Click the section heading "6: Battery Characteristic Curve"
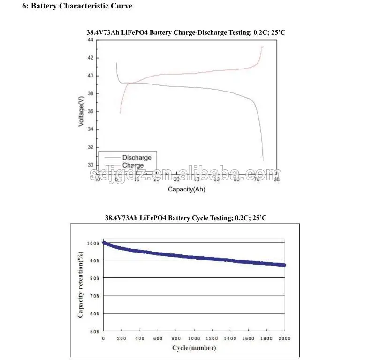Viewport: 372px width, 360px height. click(x=77, y=6)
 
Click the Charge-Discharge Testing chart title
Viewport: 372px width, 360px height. click(x=186, y=32)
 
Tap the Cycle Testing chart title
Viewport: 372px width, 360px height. click(x=186, y=218)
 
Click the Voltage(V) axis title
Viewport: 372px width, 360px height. click(x=82, y=111)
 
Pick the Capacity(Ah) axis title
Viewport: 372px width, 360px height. click(x=187, y=190)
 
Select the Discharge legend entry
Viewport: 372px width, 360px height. click(x=137, y=158)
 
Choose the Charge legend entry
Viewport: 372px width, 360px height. click(x=133, y=165)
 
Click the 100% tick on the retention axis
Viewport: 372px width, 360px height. click(x=93, y=243)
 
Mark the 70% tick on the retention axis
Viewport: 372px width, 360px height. click(x=94, y=296)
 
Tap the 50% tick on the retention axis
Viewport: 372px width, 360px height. click(x=94, y=331)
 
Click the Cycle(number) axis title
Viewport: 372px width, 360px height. click(x=194, y=348)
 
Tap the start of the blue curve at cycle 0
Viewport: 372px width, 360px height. click(x=104, y=243)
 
